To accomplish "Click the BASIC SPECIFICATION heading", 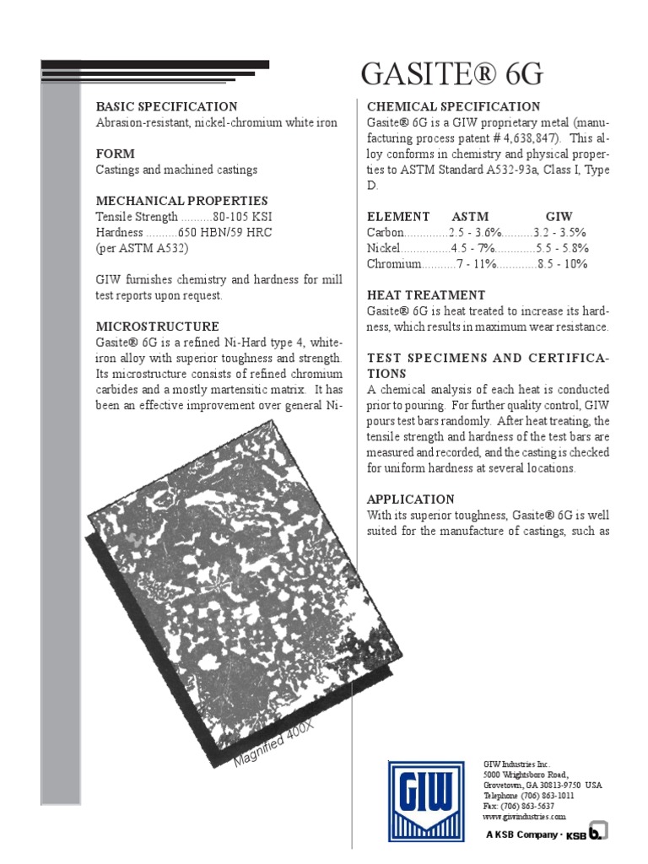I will (x=167, y=106).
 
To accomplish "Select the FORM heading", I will (x=116, y=154).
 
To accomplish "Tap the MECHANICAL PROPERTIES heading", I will (x=182, y=201).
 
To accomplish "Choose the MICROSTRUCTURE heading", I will (x=158, y=327).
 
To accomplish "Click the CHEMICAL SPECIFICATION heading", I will (x=454, y=106).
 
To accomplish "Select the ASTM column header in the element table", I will (x=471, y=216).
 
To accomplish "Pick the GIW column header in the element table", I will (x=559, y=216).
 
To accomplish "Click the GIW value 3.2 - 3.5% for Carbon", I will (x=560, y=232).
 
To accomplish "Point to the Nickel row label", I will (x=384, y=248).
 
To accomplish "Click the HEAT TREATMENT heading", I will (x=426, y=295).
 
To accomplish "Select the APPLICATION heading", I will (x=411, y=499).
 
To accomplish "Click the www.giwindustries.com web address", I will (x=525, y=817).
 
